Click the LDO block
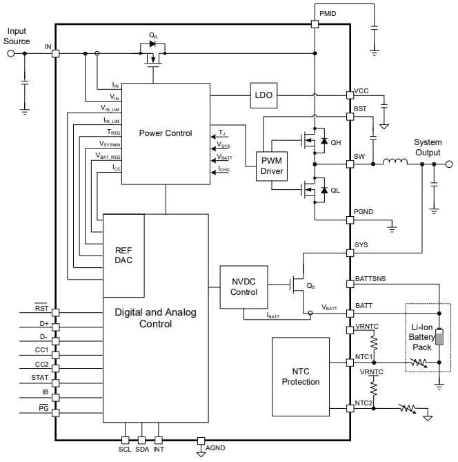(x=263, y=95)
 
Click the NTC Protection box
(x=301, y=376)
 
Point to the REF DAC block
(x=123, y=255)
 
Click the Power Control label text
(x=166, y=133)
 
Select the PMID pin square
(x=315, y=24)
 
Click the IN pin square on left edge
(x=56, y=53)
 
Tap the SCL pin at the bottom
(x=125, y=440)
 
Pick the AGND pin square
(x=201, y=440)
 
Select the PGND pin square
(x=350, y=220)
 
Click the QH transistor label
(x=336, y=142)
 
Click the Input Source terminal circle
(x=10, y=53)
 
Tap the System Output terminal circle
(x=449, y=164)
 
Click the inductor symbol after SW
(x=395, y=163)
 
